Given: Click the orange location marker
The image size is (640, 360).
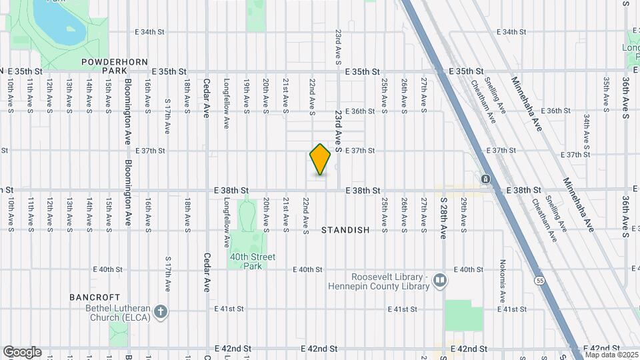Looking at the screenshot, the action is click(x=321, y=159).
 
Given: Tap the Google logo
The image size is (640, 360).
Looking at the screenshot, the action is click(x=22, y=351).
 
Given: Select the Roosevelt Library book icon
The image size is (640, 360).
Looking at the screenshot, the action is click(x=439, y=280).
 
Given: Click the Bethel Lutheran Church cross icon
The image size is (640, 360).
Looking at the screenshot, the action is click(x=160, y=311).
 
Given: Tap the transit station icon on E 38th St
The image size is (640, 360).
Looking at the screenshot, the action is click(x=486, y=179).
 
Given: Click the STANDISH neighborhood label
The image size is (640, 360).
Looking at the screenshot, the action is click(x=345, y=230).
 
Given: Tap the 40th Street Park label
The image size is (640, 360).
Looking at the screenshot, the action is click(x=248, y=261).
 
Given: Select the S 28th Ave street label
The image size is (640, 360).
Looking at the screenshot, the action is click(x=443, y=217).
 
